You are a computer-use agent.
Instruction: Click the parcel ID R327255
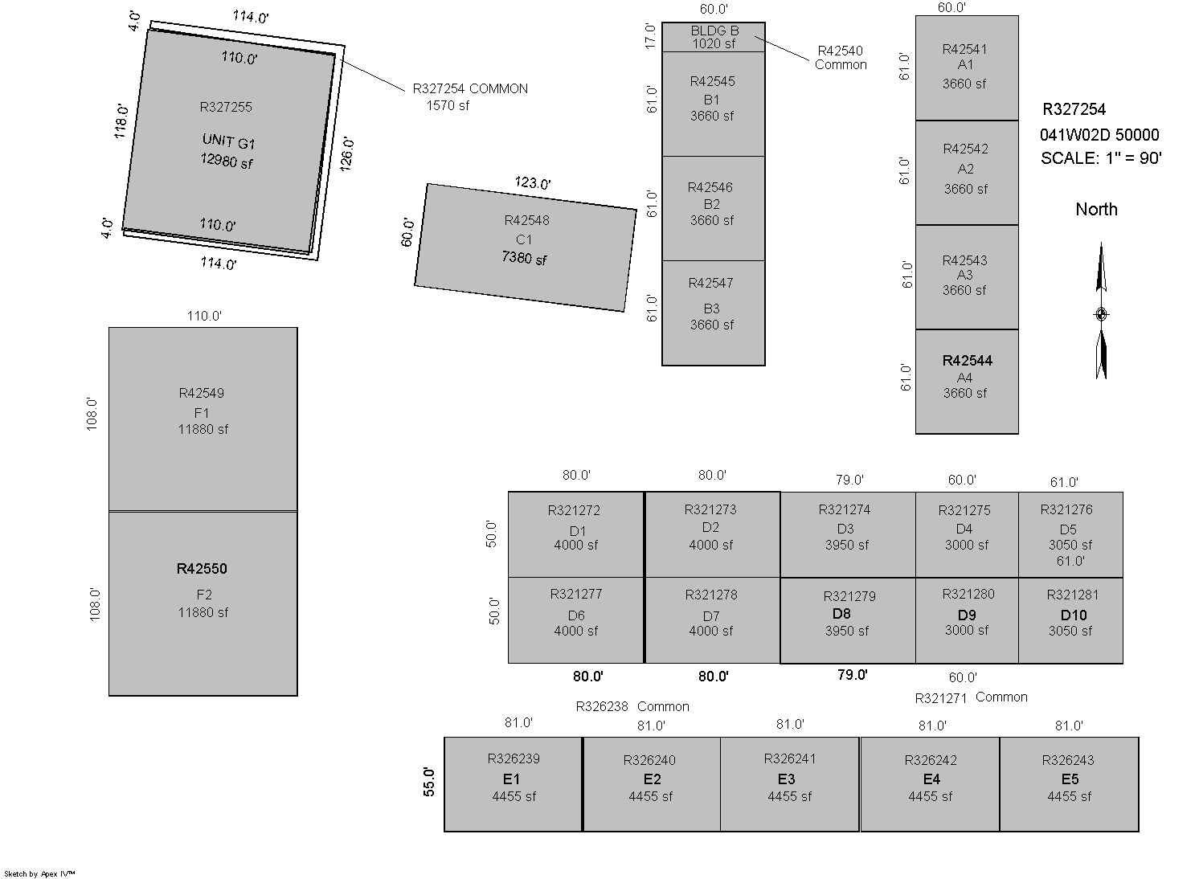(x=226, y=107)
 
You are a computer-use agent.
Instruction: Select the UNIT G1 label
(x=228, y=142)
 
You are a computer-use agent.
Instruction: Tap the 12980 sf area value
(x=227, y=161)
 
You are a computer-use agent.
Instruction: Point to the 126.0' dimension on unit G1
(x=347, y=153)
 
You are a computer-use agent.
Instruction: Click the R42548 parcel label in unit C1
(x=527, y=220)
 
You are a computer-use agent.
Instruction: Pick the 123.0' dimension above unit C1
(x=533, y=183)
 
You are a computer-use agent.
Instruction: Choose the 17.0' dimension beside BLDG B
(x=651, y=36)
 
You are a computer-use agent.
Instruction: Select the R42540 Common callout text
(x=841, y=57)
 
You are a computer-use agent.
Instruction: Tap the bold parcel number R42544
(x=967, y=361)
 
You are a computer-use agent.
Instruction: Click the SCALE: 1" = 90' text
(x=1101, y=158)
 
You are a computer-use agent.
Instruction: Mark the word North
(x=1096, y=210)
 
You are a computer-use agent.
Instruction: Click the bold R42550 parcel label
(x=202, y=569)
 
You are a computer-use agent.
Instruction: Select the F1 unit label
(x=201, y=413)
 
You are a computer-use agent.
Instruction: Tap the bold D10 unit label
(x=1073, y=615)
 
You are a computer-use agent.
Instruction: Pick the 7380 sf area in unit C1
(x=524, y=259)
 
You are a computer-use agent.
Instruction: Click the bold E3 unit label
(x=786, y=779)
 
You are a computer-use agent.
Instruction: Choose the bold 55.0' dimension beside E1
(x=429, y=782)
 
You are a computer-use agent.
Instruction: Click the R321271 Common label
(x=971, y=697)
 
